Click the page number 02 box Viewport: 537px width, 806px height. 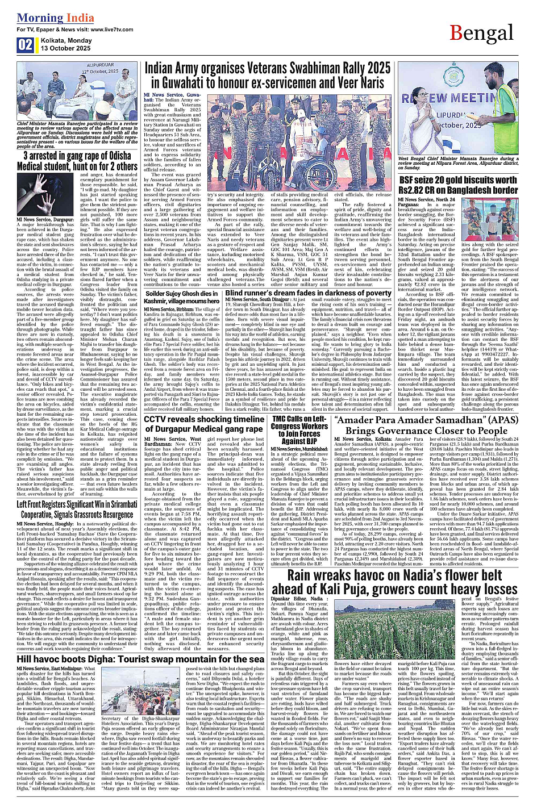25,45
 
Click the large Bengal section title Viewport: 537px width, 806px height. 482,34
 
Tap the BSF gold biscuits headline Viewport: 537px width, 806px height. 458,185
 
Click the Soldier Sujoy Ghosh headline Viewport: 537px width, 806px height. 182,297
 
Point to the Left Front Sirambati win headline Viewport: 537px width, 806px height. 75,509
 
